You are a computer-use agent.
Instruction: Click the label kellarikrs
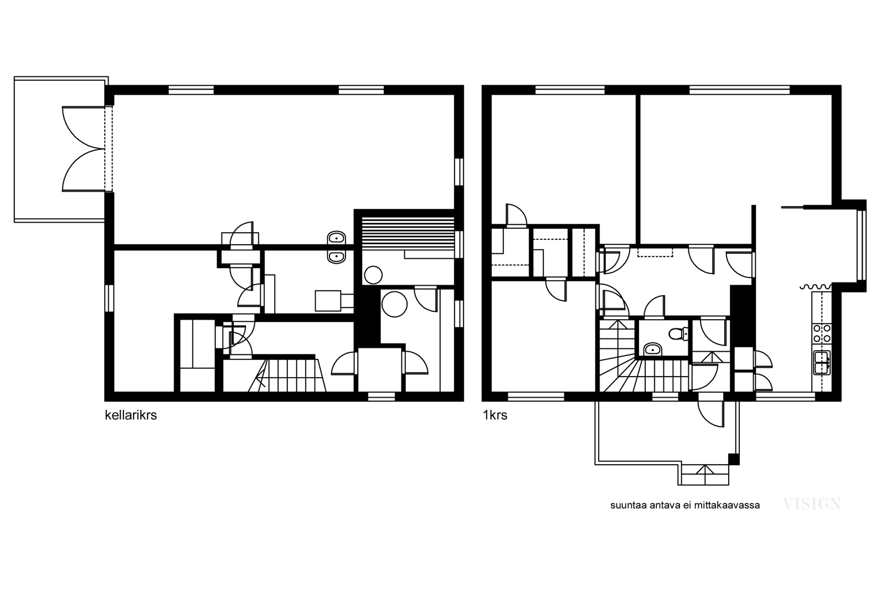tap(131, 415)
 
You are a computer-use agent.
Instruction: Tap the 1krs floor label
tap(495, 415)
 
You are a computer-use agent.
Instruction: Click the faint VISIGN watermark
tap(812, 504)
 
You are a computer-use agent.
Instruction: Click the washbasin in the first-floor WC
tap(653, 350)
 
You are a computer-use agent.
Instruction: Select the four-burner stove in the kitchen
tap(822, 333)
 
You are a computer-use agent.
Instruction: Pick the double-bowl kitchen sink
tap(822, 362)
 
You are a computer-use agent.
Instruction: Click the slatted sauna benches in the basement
tap(408, 237)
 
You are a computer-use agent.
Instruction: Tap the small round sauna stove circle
tap(373, 275)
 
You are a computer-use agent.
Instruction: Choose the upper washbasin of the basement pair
tap(337, 238)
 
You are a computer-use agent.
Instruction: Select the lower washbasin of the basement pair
tap(337, 257)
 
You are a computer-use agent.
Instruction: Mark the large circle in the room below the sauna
tap(394, 304)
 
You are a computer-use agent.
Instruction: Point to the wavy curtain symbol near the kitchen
tap(816, 287)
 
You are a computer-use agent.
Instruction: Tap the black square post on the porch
tap(734, 459)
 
